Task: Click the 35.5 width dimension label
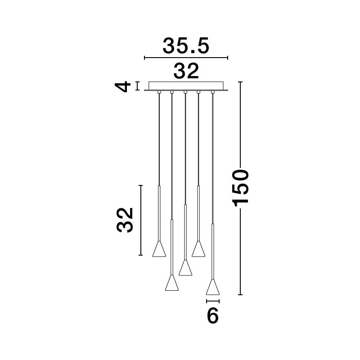pos(186,46)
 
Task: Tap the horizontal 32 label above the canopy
pos(186,71)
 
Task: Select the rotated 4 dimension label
pos(122,86)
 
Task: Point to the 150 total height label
pos(240,188)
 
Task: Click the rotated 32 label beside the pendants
pos(125,220)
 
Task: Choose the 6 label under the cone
pos(212,316)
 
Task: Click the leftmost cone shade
pos(159,249)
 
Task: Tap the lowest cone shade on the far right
pos(213,287)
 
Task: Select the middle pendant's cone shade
pos(185,268)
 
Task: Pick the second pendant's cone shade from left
pos(172,283)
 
